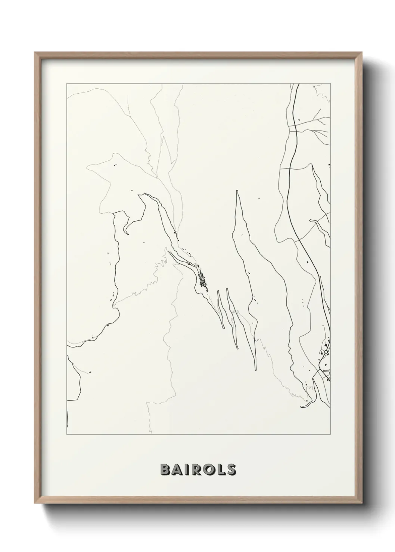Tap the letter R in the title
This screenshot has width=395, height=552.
tap(193, 469)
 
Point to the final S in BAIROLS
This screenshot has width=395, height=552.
tap(231, 469)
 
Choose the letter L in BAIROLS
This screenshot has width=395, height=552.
tap(220, 469)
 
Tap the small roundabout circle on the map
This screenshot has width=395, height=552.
tap(326, 352)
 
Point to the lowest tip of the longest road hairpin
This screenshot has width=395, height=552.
tap(255, 370)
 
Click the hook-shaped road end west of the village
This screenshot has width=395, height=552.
tap(126, 233)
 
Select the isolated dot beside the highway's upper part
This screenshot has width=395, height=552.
tap(299, 119)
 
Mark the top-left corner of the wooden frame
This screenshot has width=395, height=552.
tap(35, 53)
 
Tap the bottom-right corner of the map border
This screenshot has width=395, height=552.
tap(331, 435)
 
